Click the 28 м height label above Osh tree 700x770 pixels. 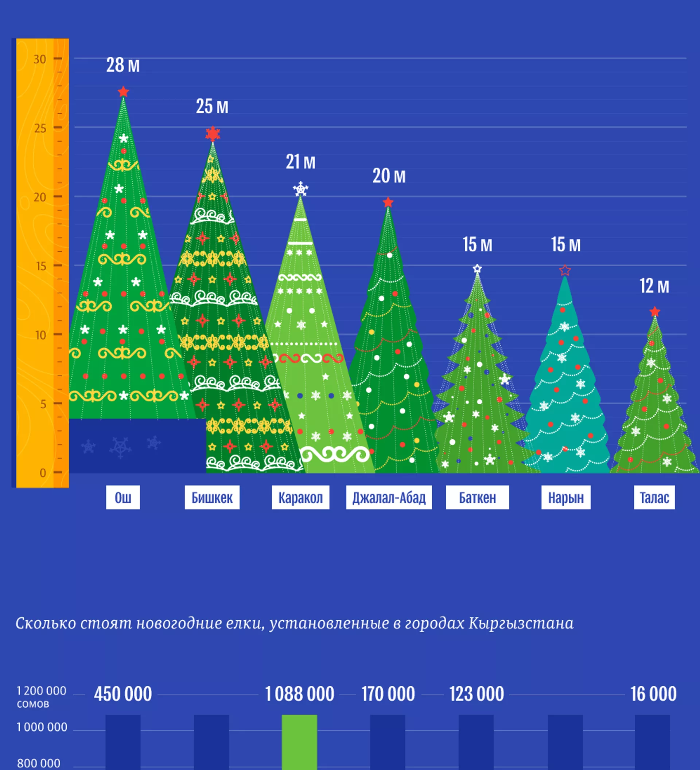tap(123, 65)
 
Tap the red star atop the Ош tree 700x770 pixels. tap(123, 92)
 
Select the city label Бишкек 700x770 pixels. tap(212, 497)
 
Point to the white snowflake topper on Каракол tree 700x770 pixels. tap(300, 189)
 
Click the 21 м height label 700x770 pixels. tap(300, 162)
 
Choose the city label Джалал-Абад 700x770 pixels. tap(389, 497)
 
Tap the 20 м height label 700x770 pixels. tap(389, 176)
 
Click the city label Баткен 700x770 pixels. tap(477, 497)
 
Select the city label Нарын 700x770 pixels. tap(565, 497)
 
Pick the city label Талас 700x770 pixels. tap(654, 497)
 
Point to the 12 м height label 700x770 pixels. tap(654, 286)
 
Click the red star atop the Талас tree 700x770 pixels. tap(654, 312)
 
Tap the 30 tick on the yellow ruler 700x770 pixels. tap(40, 59)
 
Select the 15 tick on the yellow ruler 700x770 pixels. tap(41, 266)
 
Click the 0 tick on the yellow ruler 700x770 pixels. tap(43, 473)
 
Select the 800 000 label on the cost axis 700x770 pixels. tap(39, 763)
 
